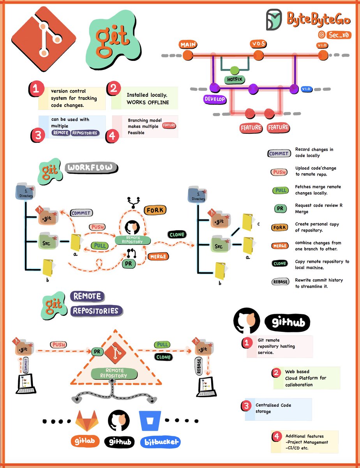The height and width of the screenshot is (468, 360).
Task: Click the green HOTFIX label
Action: click(x=235, y=80)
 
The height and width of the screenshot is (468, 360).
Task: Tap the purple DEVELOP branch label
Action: click(x=215, y=99)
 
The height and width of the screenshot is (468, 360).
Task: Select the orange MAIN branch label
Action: click(x=188, y=45)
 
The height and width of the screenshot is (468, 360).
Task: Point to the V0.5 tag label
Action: click(x=258, y=44)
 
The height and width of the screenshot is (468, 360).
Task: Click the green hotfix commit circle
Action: click(x=235, y=70)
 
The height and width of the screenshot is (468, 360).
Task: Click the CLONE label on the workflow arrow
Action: click(x=176, y=235)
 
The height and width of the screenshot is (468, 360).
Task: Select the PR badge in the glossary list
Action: click(x=279, y=209)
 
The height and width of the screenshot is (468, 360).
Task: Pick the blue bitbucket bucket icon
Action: click(x=150, y=420)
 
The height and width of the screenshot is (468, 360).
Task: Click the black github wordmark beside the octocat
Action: click(x=287, y=323)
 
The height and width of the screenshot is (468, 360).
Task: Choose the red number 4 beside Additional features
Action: click(x=276, y=436)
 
